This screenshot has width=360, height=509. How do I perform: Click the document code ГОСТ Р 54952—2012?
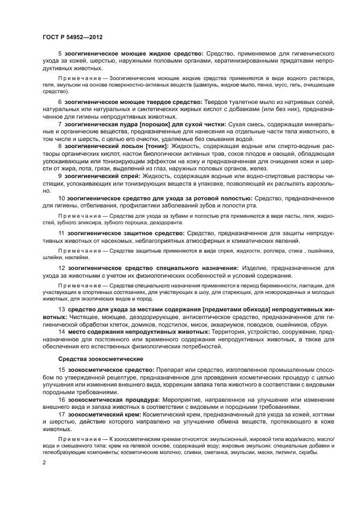pyautogui.click(x=72, y=36)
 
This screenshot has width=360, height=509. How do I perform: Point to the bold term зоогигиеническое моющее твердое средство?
pyautogui.click(x=133, y=102)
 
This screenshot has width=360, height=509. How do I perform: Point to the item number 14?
pyautogui.click(x=62, y=332)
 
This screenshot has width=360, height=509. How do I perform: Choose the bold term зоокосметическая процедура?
pyautogui.click(x=106, y=399)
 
